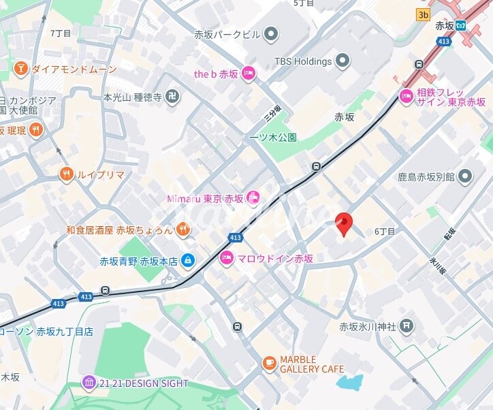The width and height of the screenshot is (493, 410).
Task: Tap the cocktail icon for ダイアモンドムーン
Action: [x=20, y=69]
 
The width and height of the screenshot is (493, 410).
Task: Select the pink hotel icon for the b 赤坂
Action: [x=248, y=74]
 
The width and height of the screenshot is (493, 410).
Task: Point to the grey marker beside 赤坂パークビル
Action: [x=271, y=34]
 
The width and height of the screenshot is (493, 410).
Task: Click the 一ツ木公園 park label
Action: [x=273, y=137]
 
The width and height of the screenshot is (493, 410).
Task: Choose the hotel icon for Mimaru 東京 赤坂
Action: [x=253, y=198]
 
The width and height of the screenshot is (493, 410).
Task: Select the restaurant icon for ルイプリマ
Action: [x=66, y=174]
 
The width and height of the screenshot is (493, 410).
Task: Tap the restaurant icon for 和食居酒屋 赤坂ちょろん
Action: [x=183, y=230]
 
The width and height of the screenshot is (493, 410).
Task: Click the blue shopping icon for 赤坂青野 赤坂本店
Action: [x=188, y=260]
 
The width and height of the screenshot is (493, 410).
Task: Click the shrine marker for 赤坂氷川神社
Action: [x=407, y=326]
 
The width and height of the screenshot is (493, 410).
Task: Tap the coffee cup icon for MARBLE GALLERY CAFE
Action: [x=270, y=363]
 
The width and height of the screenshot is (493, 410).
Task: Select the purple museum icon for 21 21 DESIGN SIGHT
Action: [x=89, y=383]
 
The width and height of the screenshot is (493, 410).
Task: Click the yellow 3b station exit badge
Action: [x=424, y=14]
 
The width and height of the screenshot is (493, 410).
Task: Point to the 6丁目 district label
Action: [x=385, y=232]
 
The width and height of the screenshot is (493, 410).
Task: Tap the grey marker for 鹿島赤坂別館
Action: [x=465, y=177]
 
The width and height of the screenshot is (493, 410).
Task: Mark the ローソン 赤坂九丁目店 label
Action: [x=46, y=332]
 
